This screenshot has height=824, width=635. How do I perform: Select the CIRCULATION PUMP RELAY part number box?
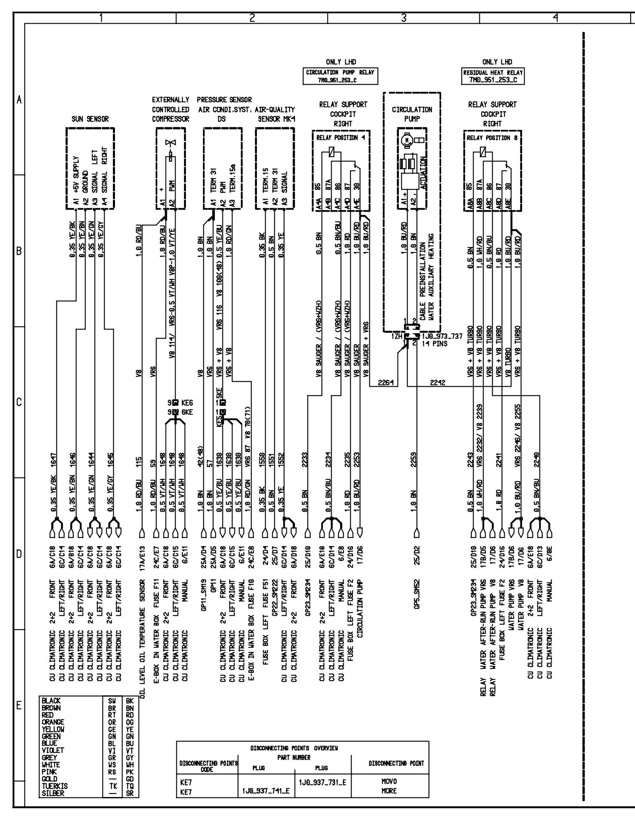340,76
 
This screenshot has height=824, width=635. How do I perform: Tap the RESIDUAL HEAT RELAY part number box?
493,76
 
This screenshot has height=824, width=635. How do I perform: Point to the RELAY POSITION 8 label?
492,138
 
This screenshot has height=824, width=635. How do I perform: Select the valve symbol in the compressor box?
170,143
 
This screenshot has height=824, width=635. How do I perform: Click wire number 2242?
437,383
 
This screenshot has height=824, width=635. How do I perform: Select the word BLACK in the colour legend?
51,701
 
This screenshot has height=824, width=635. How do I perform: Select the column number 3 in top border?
403,18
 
